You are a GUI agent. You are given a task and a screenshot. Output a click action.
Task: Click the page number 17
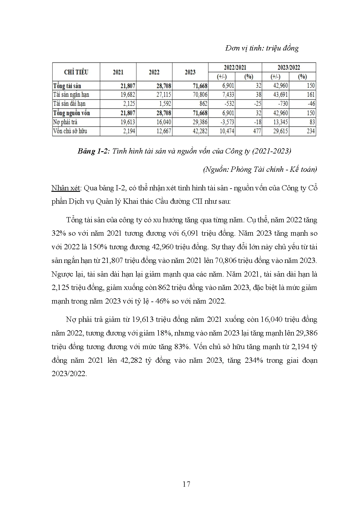(186, 484)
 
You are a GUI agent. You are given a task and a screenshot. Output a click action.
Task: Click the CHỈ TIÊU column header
(76, 72)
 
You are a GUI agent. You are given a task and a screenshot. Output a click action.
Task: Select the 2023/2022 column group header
(289, 67)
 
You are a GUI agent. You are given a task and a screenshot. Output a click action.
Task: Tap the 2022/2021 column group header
(235, 67)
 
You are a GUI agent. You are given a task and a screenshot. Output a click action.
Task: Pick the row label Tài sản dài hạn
(69, 104)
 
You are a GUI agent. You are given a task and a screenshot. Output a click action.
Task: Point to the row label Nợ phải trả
(65, 122)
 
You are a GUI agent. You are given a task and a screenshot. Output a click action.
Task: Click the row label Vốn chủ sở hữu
(70, 131)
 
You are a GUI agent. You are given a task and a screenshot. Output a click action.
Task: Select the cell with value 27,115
(163, 95)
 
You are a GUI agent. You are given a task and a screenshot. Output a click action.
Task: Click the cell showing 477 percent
(257, 131)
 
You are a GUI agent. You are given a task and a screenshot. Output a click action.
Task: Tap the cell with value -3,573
(227, 122)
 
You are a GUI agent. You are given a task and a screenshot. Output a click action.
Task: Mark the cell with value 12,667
(163, 131)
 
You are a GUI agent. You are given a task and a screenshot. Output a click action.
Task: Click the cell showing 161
(310, 95)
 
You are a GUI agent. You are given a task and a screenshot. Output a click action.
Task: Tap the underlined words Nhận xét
(66, 188)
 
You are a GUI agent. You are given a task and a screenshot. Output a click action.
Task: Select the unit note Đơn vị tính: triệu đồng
(262, 48)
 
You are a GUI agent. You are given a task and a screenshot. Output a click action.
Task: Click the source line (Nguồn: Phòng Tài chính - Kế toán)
(260, 169)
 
